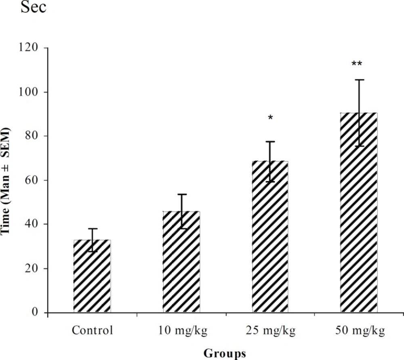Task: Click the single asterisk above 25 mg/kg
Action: (x=270, y=118)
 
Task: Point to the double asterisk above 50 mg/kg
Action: (x=357, y=64)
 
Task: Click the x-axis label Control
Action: (x=92, y=331)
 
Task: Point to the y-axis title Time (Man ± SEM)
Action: (x=7, y=181)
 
